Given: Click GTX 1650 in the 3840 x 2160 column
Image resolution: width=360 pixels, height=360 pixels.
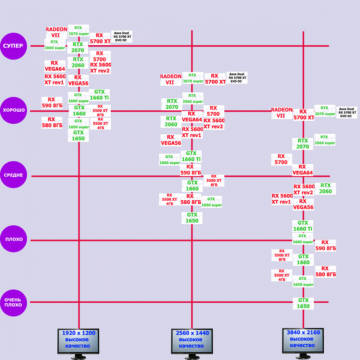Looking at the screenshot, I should point(303,303).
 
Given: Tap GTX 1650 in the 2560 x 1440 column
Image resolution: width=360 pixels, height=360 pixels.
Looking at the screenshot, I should point(192,218).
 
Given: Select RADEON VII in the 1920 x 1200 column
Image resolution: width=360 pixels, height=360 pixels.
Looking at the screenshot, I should point(56,32).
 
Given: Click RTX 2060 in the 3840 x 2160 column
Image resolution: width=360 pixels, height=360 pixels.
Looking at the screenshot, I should point(325,188).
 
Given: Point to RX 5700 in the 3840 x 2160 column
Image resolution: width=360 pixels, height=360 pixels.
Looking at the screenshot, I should point(281,159).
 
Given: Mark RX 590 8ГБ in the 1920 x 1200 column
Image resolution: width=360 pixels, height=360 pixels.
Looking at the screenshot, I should point(52,102).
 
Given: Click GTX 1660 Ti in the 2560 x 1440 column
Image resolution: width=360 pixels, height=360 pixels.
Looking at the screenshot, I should point(191,156).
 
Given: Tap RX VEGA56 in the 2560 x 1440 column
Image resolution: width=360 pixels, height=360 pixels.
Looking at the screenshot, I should point(171,140).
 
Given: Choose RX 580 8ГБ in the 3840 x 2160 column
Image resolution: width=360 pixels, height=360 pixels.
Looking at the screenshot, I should point(325,271).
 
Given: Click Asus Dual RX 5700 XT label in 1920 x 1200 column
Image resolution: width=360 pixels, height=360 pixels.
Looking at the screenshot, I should point(122,37).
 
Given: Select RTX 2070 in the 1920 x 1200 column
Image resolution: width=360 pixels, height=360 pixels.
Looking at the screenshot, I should point(78,48).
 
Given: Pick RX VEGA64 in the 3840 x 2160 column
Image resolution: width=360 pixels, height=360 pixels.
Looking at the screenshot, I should point(302,170).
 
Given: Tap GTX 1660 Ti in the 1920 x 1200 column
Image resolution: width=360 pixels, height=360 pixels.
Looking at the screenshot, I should point(99,95).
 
